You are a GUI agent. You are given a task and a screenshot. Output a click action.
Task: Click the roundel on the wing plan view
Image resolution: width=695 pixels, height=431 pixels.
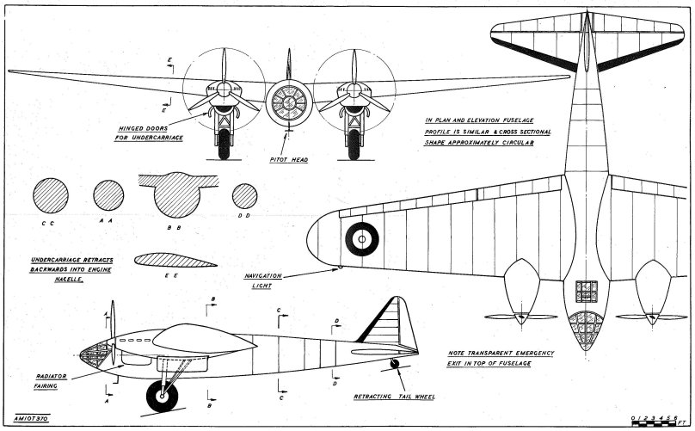[x=362, y=239]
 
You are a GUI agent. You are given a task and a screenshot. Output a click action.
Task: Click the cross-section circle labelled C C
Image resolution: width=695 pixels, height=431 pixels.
[x=50, y=195]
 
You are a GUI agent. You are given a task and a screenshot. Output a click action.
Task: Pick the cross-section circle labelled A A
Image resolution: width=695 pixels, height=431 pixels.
[x=108, y=195]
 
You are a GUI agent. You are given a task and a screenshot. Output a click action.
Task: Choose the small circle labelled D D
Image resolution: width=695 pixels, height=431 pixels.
[x=245, y=196]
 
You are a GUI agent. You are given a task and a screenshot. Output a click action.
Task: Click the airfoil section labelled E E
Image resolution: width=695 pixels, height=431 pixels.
[x=176, y=261]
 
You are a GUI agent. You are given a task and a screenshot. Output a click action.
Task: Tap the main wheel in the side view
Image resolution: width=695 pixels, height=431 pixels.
[x=163, y=395]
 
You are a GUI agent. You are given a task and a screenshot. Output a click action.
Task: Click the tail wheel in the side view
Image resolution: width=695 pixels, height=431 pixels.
[x=395, y=364]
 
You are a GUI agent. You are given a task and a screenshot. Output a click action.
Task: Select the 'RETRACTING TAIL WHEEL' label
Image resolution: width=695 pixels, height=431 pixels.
[x=395, y=397]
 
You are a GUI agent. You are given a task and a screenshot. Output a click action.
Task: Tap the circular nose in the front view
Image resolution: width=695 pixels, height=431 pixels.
[x=289, y=102]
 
